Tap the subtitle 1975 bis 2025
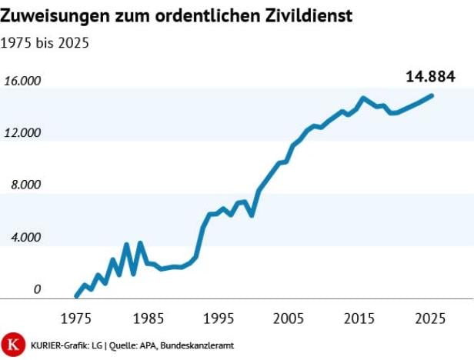tap(45, 43)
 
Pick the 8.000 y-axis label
tap(25, 185)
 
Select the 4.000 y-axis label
tap(25, 238)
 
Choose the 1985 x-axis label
tap(148, 317)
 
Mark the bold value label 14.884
tap(431, 76)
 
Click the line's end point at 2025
tap(432, 95)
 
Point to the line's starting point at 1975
tap(76, 295)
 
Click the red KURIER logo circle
tap(12, 343)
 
